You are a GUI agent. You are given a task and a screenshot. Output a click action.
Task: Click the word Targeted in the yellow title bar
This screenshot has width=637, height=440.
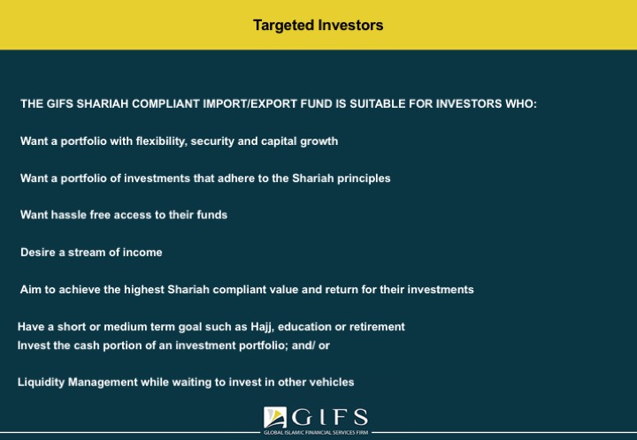[x=284, y=26]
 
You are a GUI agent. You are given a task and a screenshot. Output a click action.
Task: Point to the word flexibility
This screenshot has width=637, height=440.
[x=161, y=141]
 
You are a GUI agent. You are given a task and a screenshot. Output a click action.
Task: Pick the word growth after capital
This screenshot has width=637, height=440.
[x=318, y=141]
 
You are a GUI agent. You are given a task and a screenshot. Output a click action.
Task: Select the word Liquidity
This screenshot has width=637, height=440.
[x=41, y=383]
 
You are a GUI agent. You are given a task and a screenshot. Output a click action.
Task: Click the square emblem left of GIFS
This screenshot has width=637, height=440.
[x=275, y=418]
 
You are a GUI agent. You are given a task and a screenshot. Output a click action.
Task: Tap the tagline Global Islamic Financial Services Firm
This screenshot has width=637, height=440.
[x=316, y=433]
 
